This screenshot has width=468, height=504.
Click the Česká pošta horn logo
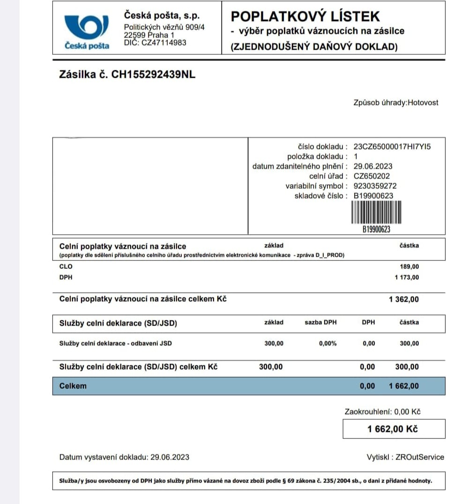[87, 27]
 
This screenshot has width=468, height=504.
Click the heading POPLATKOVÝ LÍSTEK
[305, 16]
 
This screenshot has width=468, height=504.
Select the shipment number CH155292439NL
[153, 74]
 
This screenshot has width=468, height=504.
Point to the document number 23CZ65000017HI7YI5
[392, 147]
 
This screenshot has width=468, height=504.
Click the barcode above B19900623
[376, 213]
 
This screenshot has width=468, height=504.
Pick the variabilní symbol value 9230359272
[375, 186]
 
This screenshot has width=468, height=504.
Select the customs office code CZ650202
[371, 176]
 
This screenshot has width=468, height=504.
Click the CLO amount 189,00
[409, 267]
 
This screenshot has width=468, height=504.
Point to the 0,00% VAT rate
[327, 343]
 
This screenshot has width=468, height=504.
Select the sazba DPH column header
[320, 322]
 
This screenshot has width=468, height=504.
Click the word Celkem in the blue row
[73, 386]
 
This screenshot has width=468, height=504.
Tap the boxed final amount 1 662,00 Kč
[393, 429]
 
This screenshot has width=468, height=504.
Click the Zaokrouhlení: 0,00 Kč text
[382, 412]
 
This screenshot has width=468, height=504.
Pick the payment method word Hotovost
[423, 102]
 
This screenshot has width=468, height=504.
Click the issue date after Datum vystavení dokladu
[170, 457]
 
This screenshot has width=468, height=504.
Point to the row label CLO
[66, 267]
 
